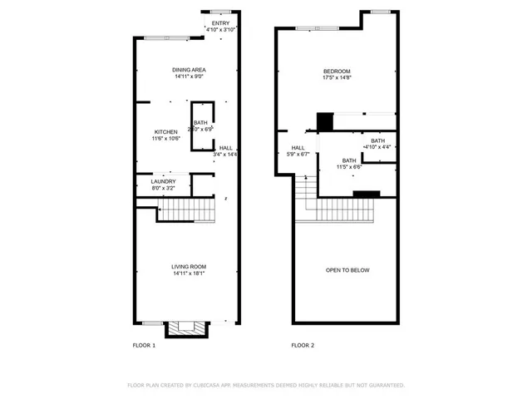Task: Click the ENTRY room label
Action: (221, 23)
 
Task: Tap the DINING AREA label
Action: (189, 70)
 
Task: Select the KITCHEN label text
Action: (166, 132)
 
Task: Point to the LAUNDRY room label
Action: (163, 181)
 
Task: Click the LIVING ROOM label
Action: (189, 266)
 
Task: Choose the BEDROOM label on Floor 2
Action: (337, 71)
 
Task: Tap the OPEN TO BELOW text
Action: (347, 270)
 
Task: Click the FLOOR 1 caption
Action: (144, 344)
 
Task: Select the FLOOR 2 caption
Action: (302, 344)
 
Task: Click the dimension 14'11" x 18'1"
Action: (189, 273)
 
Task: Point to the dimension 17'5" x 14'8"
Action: (337, 78)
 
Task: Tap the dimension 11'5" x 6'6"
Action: (348, 167)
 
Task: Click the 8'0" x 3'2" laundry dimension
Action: (163, 189)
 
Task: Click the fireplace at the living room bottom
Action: (182, 328)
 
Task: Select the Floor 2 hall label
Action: (298, 147)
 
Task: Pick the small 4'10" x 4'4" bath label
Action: (378, 140)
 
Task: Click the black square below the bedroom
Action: (325, 121)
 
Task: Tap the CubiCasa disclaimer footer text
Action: (265, 385)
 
